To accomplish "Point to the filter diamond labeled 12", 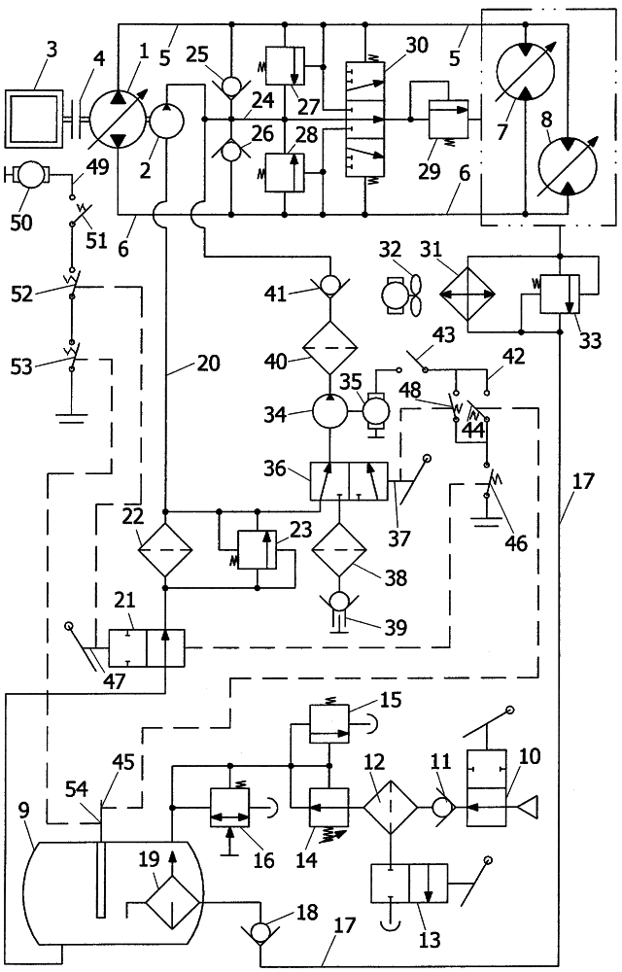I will [x=388, y=806].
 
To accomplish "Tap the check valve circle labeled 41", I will [x=331, y=289].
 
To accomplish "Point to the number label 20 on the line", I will [x=206, y=364].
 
